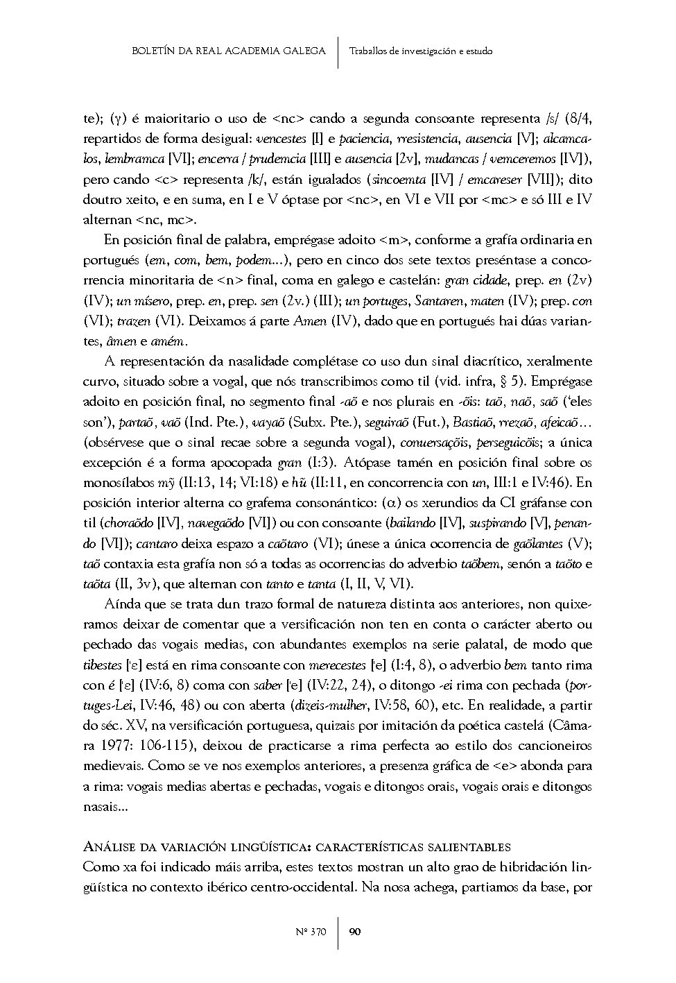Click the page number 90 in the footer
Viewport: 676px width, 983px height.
point(354,932)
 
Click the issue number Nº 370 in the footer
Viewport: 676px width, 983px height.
point(311,932)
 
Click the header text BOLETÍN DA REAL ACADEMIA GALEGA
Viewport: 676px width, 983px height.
point(228,51)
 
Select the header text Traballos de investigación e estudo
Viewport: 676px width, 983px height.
point(421,51)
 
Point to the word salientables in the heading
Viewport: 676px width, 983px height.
point(476,847)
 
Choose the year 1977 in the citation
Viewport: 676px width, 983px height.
point(120,746)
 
